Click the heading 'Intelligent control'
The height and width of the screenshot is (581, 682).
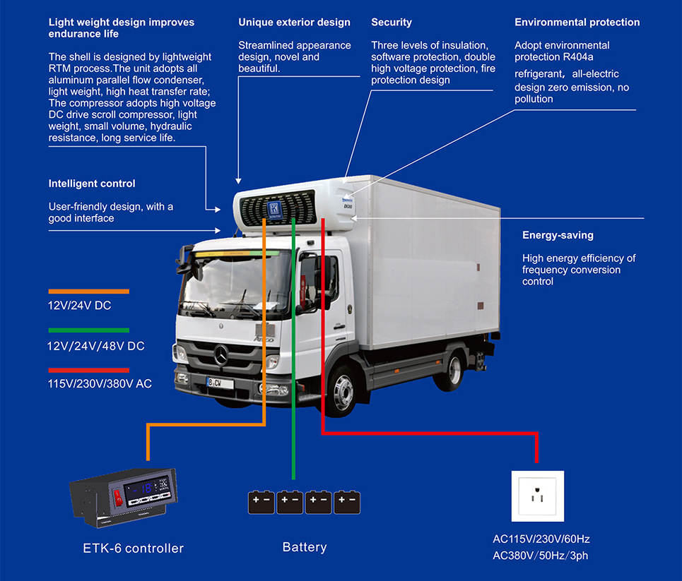click(x=92, y=184)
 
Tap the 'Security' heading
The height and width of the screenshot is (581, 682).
click(x=392, y=23)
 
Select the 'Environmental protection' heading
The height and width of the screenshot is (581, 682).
click(x=577, y=23)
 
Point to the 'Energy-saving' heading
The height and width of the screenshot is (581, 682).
click(x=558, y=235)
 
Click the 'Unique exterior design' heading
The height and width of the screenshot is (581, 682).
click(x=294, y=23)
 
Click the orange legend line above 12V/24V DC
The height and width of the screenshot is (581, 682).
click(x=88, y=291)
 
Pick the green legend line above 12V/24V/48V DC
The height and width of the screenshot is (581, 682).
click(x=88, y=330)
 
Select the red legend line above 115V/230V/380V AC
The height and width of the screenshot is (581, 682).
click(x=88, y=369)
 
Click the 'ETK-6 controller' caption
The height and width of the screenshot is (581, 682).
click(x=133, y=548)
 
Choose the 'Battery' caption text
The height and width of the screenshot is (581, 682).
click(x=305, y=547)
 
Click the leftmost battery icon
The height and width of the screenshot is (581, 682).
click(x=261, y=502)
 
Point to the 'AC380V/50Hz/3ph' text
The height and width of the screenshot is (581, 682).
click(x=540, y=556)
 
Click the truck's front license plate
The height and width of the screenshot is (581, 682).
click(x=221, y=382)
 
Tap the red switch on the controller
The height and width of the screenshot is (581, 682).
click(x=118, y=499)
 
